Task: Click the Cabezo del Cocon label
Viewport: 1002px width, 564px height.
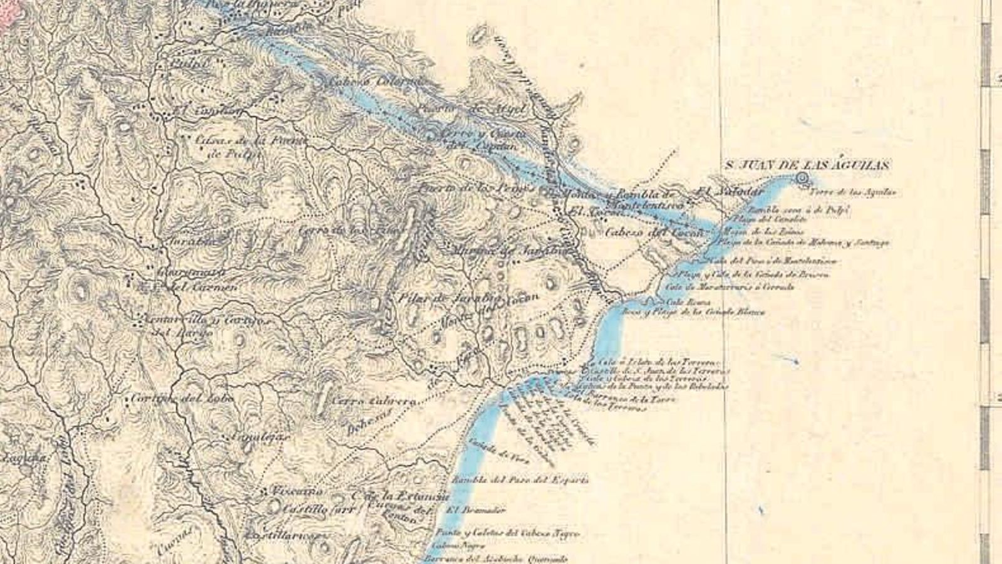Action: click(654, 232)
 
